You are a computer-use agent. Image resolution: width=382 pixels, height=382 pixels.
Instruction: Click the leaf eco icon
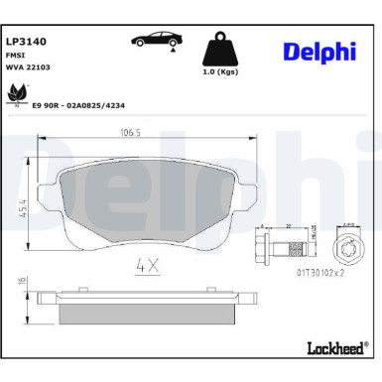pos(18,92)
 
